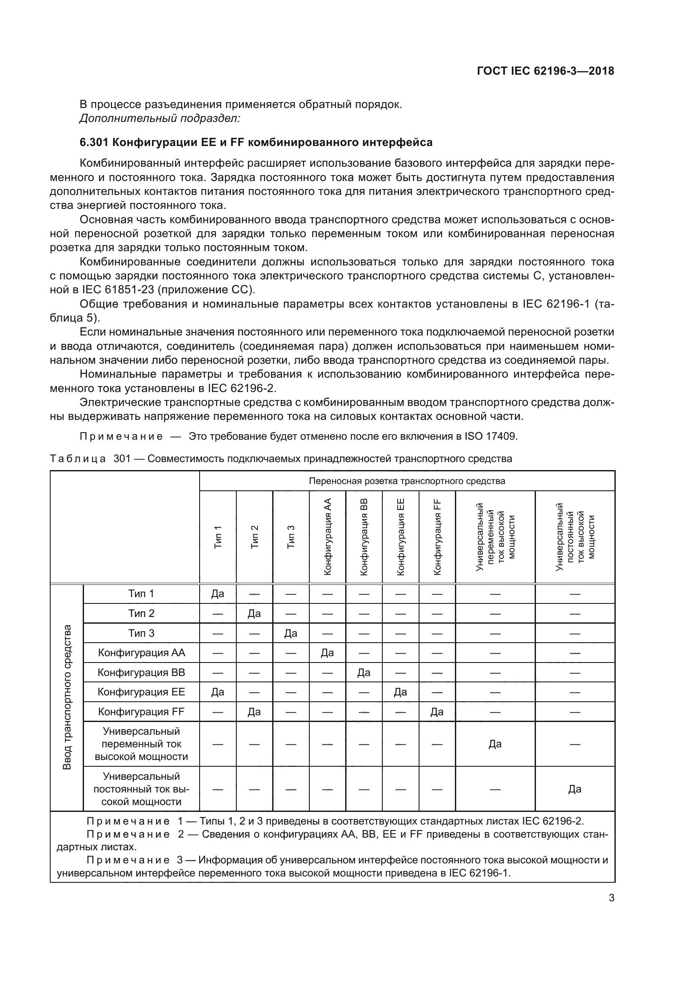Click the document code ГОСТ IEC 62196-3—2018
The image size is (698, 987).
[545, 71]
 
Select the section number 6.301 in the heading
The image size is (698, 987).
[93, 143]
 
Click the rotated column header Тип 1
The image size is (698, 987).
[218, 536]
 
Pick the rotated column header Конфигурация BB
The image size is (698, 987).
[364, 536]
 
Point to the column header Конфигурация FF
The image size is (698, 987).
[437, 536]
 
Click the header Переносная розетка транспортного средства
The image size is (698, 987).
[406, 481]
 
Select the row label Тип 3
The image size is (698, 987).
[141, 633]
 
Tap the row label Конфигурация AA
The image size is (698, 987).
[141, 653]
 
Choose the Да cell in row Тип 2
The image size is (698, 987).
[254, 614]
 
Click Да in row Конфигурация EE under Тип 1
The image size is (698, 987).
[218, 692]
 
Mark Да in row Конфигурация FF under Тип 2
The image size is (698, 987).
[254, 712]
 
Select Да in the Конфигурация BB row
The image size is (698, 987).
[364, 673]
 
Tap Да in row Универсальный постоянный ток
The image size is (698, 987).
[575, 789]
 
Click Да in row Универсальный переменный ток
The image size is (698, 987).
[495, 744]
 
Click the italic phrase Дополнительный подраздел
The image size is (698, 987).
[160, 118]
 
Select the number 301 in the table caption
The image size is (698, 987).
[122, 459]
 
